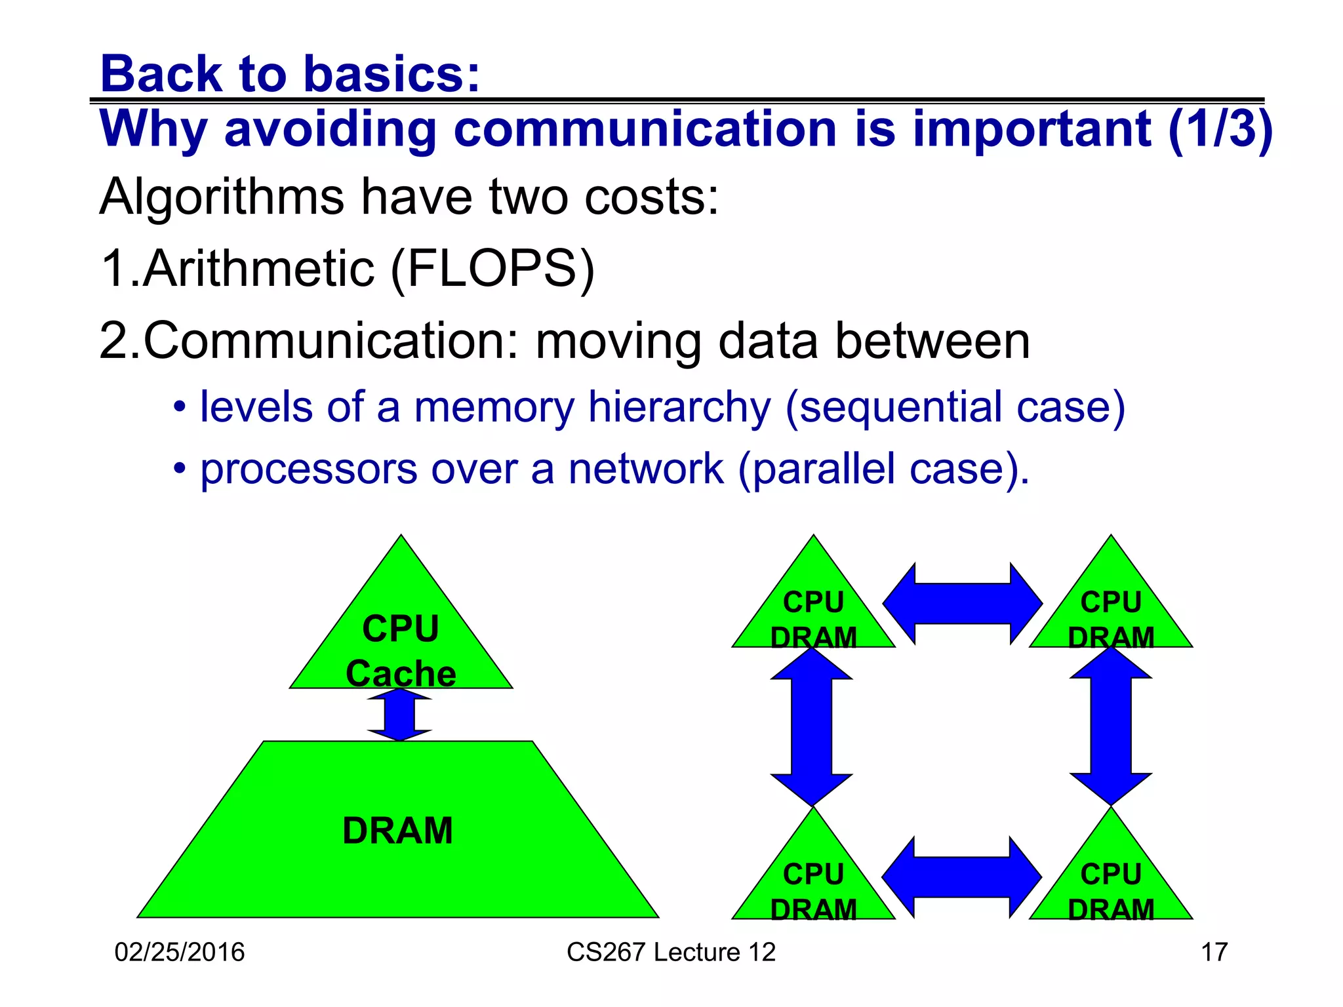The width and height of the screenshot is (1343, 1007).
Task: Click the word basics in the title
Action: click(391, 74)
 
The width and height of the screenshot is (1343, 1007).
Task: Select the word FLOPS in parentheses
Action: click(492, 269)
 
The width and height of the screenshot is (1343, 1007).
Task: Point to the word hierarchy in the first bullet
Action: click(679, 408)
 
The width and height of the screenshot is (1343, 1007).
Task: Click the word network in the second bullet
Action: click(645, 469)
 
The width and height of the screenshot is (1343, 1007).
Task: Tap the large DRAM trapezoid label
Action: click(397, 831)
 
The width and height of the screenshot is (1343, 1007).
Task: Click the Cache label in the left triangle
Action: click(401, 673)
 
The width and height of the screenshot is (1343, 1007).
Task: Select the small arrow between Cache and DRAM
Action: click(399, 715)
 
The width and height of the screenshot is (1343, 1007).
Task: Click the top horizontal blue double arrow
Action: click(962, 603)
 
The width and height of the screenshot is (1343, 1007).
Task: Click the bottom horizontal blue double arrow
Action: click(961, 877)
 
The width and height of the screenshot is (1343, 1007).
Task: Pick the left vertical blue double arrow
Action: click(812, 726)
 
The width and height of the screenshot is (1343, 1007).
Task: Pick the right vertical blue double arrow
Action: click(1110, 726)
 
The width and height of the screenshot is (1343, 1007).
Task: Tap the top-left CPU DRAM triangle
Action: click(813, 610)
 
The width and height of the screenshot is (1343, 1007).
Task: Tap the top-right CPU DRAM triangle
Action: click(1110, 610)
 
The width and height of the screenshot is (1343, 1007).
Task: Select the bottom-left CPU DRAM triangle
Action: click(813, 882)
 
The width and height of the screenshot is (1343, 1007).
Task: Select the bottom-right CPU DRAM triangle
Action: click(1110, 882)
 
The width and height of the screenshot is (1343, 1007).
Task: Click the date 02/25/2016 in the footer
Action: click(179, 952)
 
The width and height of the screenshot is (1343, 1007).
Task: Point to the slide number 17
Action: click(1214, 952)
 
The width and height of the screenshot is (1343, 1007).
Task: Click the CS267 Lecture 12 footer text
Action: click(671, 952)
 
